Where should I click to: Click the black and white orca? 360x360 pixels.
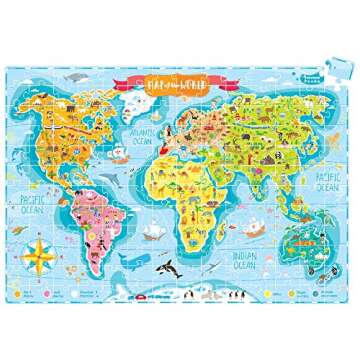tap(172, 268)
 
